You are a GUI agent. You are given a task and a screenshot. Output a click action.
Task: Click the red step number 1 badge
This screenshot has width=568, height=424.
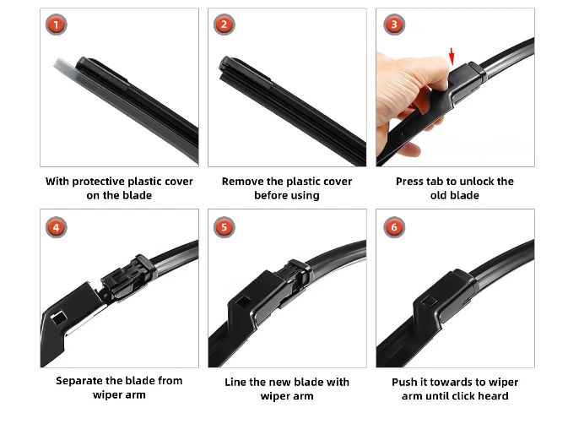tap(57, 24)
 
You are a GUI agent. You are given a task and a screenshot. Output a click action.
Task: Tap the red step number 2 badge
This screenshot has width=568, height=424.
tap(224, 24)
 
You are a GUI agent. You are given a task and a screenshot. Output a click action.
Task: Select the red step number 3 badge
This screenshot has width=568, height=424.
tap(394, 24)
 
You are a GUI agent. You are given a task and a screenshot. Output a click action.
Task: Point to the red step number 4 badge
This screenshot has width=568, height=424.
tap(57, 227)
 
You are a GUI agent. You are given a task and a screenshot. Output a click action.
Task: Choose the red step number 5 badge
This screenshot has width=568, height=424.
tap(224, 227)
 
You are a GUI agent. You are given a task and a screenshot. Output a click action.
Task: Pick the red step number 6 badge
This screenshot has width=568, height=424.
tap(394, 227)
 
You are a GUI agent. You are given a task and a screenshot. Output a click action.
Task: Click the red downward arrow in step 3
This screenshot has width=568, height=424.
tap(452, 57)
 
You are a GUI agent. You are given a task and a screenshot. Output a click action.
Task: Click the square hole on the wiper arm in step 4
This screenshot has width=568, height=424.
tap(59, 318)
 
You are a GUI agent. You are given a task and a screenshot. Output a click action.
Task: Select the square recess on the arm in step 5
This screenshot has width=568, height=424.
tap(243, 302)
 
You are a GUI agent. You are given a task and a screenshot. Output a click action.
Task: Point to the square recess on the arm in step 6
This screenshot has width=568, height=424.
tap(430, 302)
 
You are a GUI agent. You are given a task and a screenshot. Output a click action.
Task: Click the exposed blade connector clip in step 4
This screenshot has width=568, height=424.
tap(125, 279)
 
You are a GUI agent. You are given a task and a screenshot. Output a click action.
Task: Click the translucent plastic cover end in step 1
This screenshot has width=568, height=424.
tap(63, 66)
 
